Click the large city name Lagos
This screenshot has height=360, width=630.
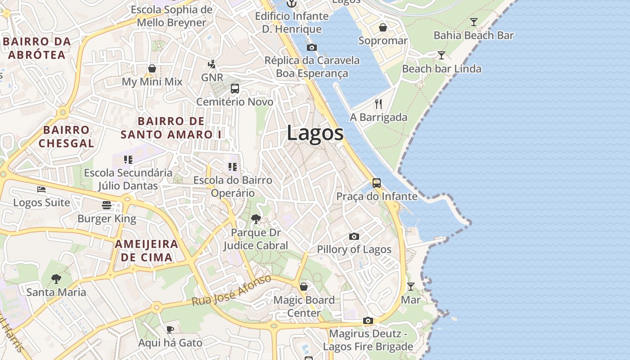coord(315,133)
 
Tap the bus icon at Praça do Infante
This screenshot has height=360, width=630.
coord(377,183)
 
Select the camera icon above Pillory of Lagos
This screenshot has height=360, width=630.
coord(354,236)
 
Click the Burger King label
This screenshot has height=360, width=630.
coord(107,219)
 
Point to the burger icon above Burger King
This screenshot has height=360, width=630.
coord(107,205)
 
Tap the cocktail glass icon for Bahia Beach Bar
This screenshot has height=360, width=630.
coord(473,22)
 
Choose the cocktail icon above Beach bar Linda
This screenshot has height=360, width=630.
coord(441,55)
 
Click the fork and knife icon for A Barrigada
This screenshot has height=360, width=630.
coord(378,104)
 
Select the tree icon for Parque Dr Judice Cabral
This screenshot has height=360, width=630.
coord(256,219)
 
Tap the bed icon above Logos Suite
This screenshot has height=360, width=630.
coord(41,189)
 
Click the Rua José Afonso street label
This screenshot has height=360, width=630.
coord(232,290)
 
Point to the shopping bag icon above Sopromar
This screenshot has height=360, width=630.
coord(383,27)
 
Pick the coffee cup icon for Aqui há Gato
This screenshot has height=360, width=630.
coord(170,329)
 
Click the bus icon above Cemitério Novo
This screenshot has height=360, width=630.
coord(235,88)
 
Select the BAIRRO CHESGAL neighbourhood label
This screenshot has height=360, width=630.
coord(66,137)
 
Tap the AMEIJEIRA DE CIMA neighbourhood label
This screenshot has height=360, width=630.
coord(146,251)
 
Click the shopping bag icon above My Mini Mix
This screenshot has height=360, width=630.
coord(152,68)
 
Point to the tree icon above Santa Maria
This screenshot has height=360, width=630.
coord(56,279)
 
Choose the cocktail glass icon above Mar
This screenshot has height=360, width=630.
coord(411,286)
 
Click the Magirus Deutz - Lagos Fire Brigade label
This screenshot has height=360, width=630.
coord(368,340)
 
